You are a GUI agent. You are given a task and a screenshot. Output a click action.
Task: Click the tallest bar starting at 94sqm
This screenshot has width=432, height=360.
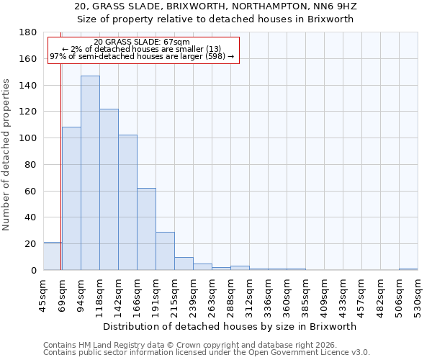(90, 173)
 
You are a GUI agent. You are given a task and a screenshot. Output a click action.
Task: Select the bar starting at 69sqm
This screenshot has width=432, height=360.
(71, 198)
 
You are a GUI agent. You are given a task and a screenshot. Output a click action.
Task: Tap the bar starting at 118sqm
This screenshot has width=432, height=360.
(109, 189)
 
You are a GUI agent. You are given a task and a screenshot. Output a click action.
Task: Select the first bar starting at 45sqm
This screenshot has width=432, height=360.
(52, 256)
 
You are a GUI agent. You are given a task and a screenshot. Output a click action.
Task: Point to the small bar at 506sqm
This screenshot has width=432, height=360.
(408, 269)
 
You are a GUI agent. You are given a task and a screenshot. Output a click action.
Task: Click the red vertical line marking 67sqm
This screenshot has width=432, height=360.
(61, 158)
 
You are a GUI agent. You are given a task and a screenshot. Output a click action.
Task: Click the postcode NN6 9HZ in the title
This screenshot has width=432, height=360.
(332, 6)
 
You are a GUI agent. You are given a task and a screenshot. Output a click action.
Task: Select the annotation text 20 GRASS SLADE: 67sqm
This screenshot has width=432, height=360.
(142, 42)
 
